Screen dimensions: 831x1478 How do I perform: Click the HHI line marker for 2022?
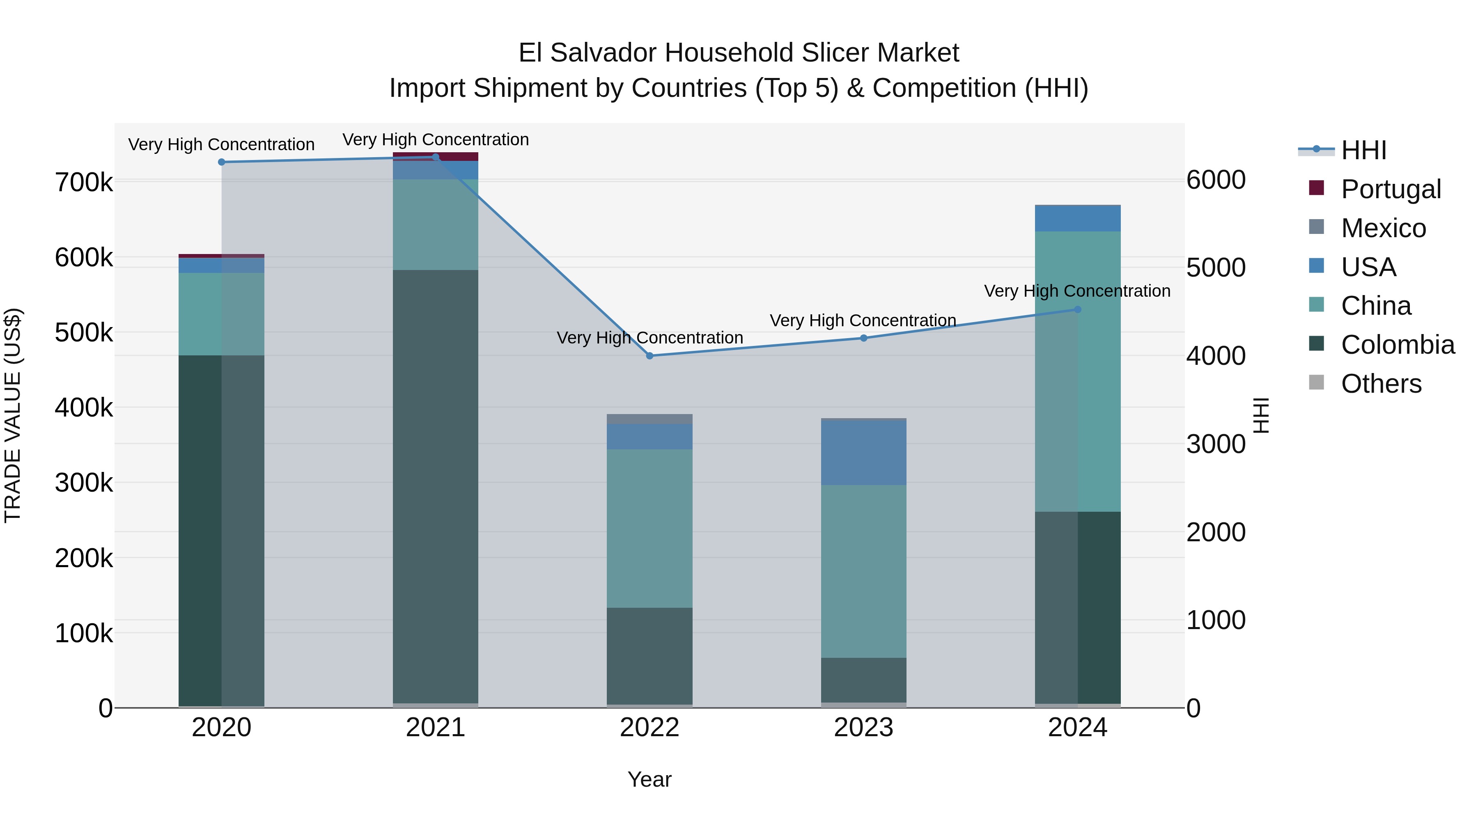pyautogui.click(x=649, y=355)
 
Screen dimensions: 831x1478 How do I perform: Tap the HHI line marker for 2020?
pyautogui.click(x=221, y=162)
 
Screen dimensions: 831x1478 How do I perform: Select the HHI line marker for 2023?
pyautogui.click(x=863, y=338)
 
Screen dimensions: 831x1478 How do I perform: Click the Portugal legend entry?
pyautogui.click(x=1390, y=189)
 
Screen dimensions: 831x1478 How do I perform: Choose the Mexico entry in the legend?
pyautogui.click(x=1383, y=228)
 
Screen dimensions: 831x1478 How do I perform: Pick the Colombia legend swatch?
pyautogui.click(x=1316, y=344)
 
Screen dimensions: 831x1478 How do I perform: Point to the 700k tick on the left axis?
pyautogui.click(x=84, y=183)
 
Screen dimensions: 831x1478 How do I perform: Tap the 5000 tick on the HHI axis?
pyautogui.click(x=1216, y=268)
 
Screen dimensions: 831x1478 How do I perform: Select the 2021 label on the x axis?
pyautogui.click(x=436, y=728)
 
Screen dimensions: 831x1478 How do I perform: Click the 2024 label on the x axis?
pyautogui.click(x=1078, y=728)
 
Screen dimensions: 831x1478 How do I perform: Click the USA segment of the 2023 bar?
pyautogui.click(x=863, y=453)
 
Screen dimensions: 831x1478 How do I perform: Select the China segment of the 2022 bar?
pyautogui.click(x=649, y=528)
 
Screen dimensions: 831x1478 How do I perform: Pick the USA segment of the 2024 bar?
pyautogui.click(x=1078, y=218)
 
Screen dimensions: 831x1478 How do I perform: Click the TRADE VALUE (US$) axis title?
pyautogui.click(x=13, y=415)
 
